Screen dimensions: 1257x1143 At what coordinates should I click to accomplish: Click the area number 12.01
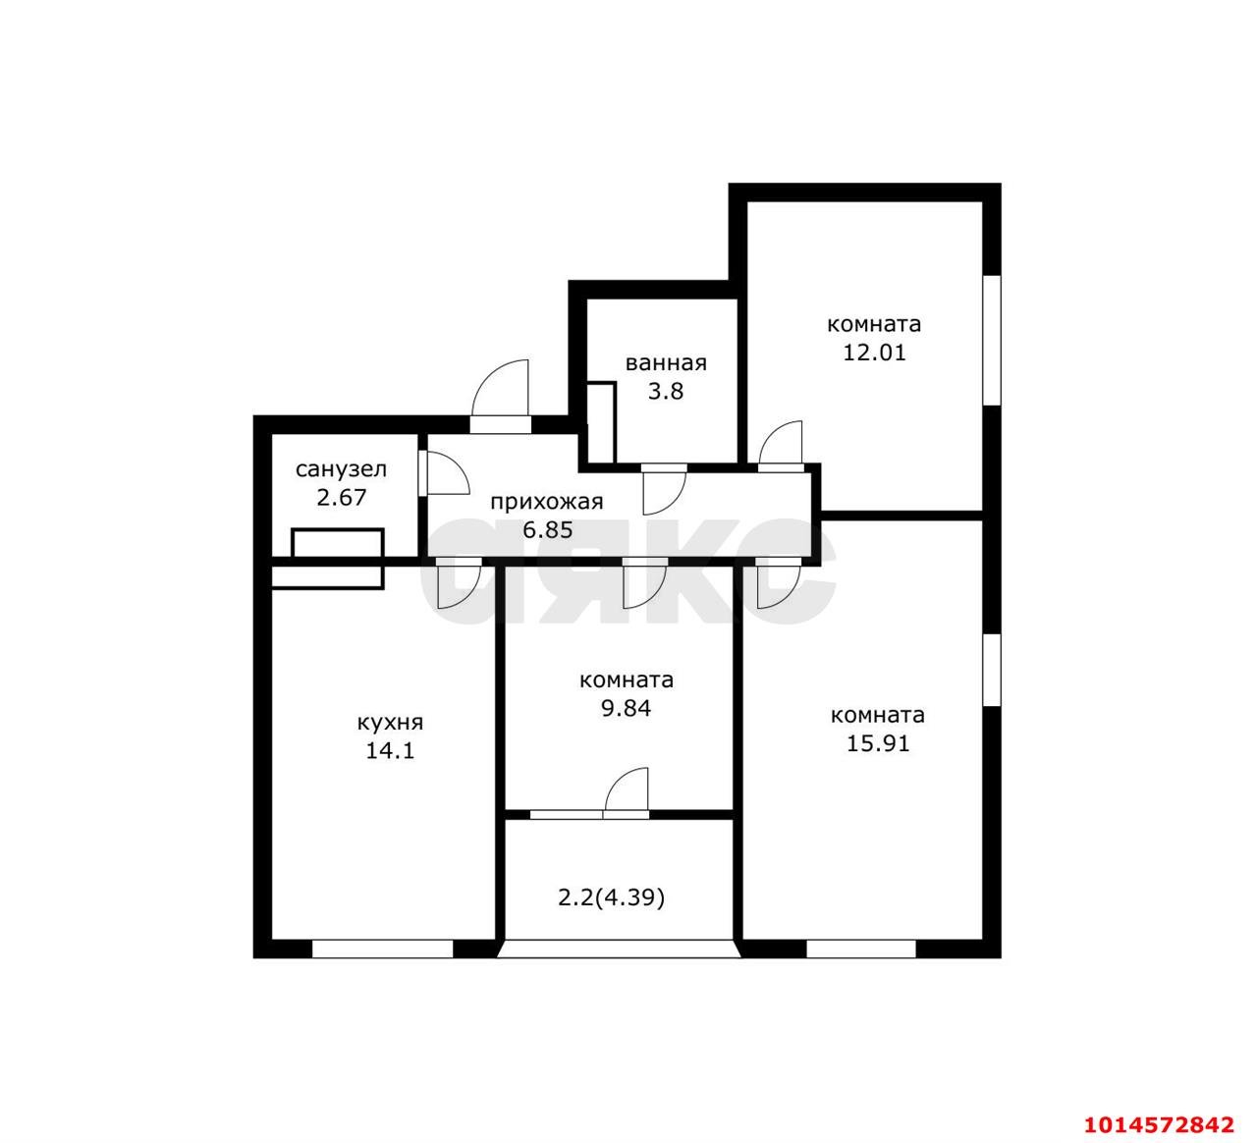(874, 353)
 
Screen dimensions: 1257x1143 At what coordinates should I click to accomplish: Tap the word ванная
(666, 362)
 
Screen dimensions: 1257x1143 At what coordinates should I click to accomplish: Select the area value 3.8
(666, 392)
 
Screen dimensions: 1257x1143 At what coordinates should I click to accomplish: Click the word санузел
(342, 469)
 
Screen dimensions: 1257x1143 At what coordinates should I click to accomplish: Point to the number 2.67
(342, 498)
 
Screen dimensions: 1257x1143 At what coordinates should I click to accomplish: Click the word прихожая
(546, 502)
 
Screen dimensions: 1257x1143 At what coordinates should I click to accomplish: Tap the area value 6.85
(548, 530)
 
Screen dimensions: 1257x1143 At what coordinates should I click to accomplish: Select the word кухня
(390, 723)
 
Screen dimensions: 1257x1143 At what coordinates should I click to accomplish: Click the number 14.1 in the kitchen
(390, 751)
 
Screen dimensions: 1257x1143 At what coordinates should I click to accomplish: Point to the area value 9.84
(626, 708)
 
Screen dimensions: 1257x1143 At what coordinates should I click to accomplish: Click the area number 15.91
(878, 743)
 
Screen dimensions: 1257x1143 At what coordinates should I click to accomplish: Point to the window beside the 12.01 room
(992, 341)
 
